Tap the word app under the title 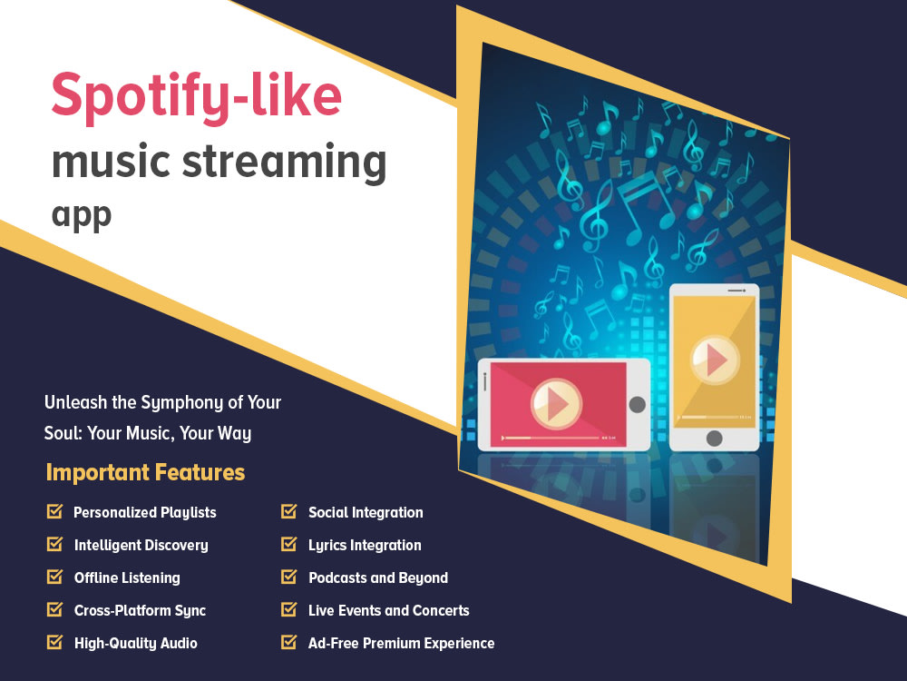82,215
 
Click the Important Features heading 145,472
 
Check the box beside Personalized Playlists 54,512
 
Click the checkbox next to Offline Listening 54,577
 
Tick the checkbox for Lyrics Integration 289,545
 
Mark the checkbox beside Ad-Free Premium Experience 289,643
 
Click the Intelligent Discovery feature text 141,546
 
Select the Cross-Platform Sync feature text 140,610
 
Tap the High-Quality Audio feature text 135,643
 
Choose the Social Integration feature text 366,512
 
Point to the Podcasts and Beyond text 378,577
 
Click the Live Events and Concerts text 389,610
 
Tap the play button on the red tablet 555,402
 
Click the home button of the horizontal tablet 638,405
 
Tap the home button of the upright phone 714,438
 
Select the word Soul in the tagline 63,433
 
